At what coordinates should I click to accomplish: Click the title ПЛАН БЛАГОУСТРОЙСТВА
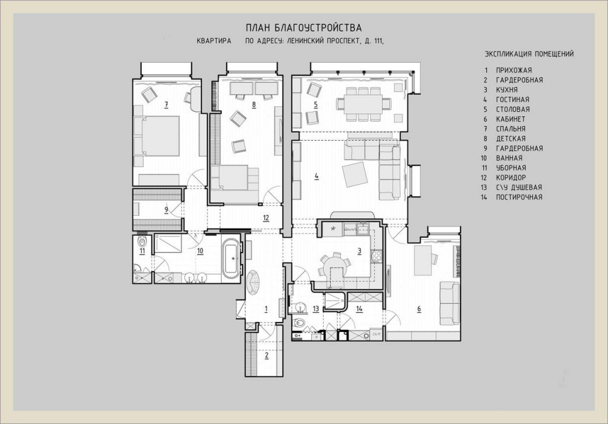pyautogui.click(x=303, y=28)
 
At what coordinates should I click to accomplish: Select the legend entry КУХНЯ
pyautogui.click(x=507, y=90)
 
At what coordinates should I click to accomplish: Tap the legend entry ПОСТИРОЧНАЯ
pyautogui.click(x=519, y=197)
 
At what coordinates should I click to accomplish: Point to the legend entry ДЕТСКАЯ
pyautogui.click(x=511, y=138)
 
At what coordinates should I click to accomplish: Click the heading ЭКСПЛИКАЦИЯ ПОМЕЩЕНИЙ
pyautogui.click(x=529, y=54)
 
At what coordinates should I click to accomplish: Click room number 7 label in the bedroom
pyautogui.click(x=166, y=104)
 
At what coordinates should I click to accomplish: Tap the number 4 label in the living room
pyautogui.click(x=317, y=176)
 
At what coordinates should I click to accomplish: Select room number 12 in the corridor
pyautogui.click(x=266, y=218)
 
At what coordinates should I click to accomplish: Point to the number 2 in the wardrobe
pyautogui.click(x=267, y=355)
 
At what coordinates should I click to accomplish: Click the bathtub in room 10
pyautogui.click(x=233, y=258)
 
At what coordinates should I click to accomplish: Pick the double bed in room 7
pyautogui.click(x=157, y=136)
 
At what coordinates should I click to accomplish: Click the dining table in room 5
pyautogui.click(x=364, y=104)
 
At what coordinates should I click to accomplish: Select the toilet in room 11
pyautogui.click(x=142, y=241)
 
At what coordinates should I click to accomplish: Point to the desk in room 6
pyautogui.click(x=423, y=260)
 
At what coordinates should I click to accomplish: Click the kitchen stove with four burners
pyautogui.click(x=376, y=256)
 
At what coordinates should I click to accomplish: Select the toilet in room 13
pyautogui.click(x=300, y=322)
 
